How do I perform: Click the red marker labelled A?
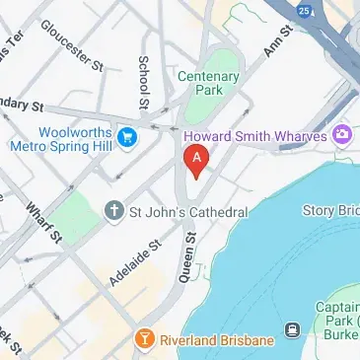(x=196, y=159)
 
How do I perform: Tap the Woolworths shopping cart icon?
(x=126, y=135)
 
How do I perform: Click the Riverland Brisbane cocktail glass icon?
(x=145, y=340)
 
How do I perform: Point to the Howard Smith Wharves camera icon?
(x=343, y=134)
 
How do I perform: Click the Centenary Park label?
(x=208, y=82)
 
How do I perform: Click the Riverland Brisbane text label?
(x=215, y=340)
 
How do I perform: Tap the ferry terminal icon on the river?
(x=293, y=329)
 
